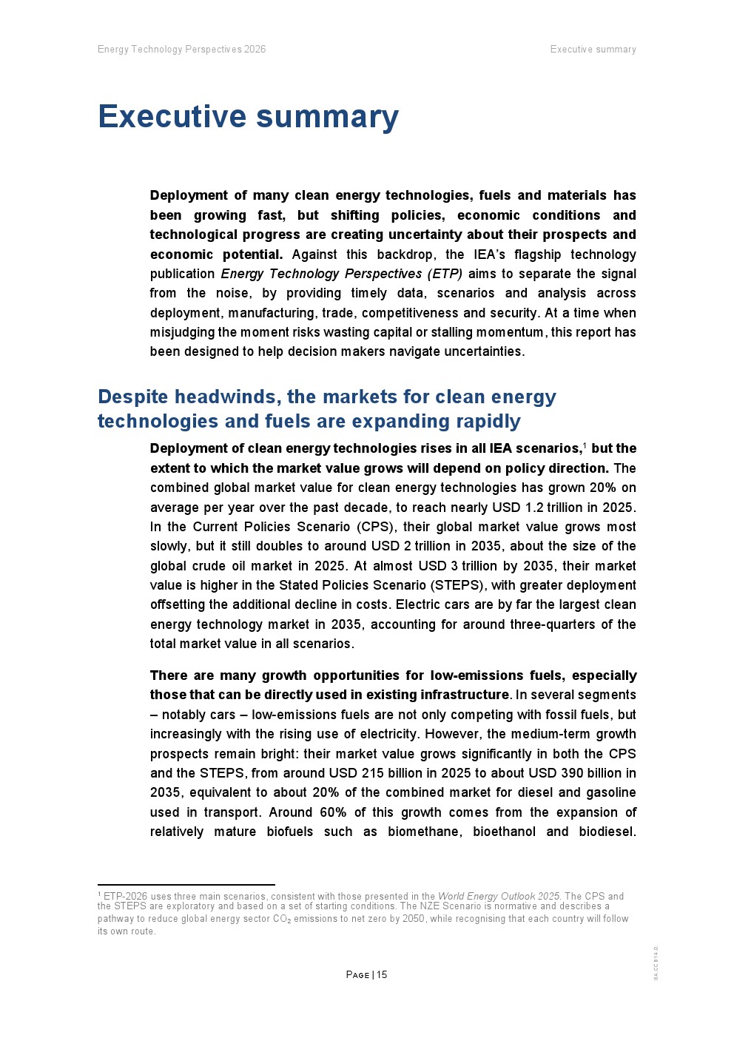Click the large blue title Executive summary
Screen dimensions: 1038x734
tap(248, 117)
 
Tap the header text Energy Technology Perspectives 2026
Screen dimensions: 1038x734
tap(181, 50)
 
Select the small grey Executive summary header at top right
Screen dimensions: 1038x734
tap(593, 50)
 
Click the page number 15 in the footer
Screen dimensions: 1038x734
tap(382, 974)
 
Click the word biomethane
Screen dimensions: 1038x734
tap(425, 832)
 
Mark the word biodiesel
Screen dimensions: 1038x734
tap(606, 832)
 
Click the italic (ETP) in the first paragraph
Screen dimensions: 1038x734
tap(445, 274)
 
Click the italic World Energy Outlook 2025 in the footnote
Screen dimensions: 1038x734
tap(499, 896)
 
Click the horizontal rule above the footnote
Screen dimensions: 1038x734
tap(186, 884)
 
